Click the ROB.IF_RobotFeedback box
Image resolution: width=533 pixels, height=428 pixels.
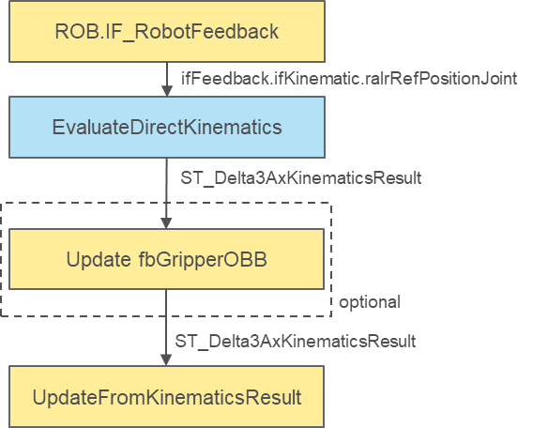tap(167, 31)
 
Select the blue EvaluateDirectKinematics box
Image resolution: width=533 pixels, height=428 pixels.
tap(167, 127)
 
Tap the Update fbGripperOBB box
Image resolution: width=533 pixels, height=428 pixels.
tap(166, 259)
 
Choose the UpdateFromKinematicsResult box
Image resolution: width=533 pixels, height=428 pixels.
tap(166, 397)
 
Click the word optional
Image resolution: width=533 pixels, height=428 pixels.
tap(370, 302)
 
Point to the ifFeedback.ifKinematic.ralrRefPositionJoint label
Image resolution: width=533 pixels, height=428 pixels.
tap(349, 79)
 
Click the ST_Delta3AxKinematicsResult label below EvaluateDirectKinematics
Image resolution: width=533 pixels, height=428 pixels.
tap(301, 177)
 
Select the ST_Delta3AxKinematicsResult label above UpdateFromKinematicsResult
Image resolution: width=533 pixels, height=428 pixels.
tap(295, 341)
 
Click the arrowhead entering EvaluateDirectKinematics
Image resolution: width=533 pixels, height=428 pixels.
tap(167, 91)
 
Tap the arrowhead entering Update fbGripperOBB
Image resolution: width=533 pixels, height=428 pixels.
tap(166, 223)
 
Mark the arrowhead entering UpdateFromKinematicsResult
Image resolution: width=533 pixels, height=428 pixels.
tap(166, 360)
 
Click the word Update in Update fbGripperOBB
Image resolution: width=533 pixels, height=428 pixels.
tap(99, 259)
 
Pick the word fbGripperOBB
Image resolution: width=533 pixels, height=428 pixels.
tap(203, 260)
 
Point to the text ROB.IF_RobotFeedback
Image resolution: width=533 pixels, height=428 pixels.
tap(167, 32)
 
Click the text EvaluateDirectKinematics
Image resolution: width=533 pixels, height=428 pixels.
tap(167, 127)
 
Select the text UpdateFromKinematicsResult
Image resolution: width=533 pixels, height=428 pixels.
tap(167, 397)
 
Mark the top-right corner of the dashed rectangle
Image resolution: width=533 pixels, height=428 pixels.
tap(331, 204)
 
